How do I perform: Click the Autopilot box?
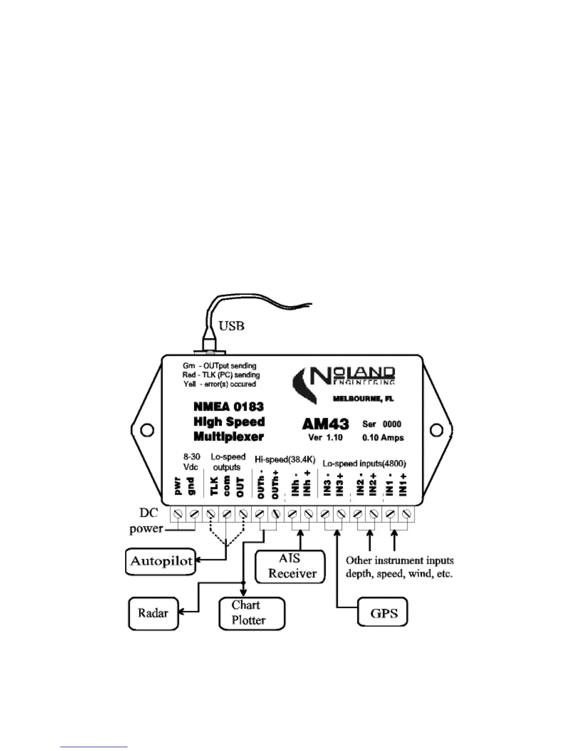pos(161,562)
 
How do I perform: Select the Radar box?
pos(153,614)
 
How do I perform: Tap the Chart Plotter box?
pos(252,613)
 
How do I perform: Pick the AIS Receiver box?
pos(290,566)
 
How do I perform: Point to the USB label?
pos(231,326)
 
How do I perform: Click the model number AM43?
pos(326,424)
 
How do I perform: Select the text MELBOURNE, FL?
pos(363,399)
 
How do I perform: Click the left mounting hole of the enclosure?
pos(147,430)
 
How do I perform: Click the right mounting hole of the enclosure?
pos(435,430)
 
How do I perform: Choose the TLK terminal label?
pos(214,486)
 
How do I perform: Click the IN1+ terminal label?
pos(403,485)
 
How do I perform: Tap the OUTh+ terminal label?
pos(274,485)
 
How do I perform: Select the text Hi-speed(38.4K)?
pos(285,459)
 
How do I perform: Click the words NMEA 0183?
pos(228,407)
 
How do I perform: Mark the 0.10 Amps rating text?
pos(383,437)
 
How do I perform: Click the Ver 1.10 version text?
pos(325,437)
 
